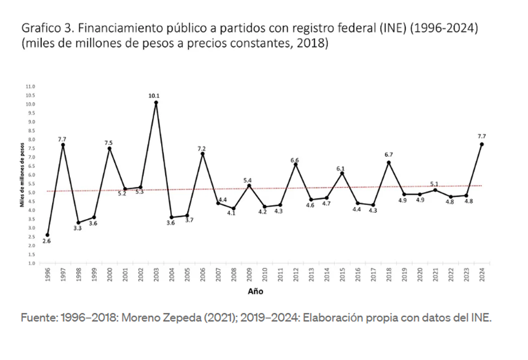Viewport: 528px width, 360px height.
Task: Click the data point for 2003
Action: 156,103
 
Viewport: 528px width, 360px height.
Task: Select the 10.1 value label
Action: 154,96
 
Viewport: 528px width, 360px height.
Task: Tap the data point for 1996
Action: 48,234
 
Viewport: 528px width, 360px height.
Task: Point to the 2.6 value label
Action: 48,242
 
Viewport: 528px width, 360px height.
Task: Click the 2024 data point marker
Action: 482,144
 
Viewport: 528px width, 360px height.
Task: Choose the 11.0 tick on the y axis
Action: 31,87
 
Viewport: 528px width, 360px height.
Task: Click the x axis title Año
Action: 256,291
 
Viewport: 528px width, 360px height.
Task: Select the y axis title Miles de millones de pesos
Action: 22,175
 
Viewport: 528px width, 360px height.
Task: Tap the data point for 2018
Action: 389,162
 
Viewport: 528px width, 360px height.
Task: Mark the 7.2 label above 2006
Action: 202,148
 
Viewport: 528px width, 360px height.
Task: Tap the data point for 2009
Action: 249,185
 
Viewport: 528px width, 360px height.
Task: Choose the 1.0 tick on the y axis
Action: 31,263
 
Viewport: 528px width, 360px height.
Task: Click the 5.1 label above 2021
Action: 435,183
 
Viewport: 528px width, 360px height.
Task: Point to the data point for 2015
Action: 342,173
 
